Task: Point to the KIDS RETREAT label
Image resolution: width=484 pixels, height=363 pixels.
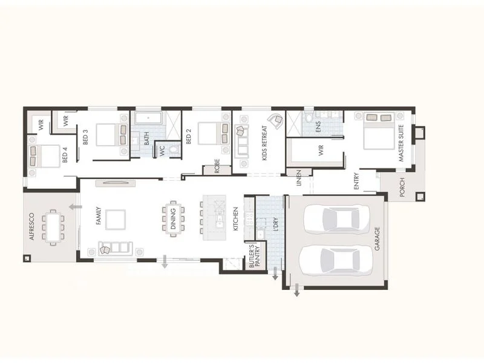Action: [264, 146]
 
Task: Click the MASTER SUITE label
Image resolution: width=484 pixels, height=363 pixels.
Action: [401, 143]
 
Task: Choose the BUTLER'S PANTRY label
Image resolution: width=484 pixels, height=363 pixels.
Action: [254, 255]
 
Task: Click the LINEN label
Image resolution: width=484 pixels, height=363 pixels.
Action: [298, 178]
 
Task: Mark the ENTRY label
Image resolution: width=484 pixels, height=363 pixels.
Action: [357, 181]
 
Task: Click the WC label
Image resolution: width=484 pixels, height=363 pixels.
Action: [162, 151]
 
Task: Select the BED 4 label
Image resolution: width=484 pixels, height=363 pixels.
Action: [65, 155]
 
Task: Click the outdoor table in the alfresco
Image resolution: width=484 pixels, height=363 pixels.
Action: [52, 227]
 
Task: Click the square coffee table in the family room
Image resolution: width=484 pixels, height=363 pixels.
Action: [116, 219]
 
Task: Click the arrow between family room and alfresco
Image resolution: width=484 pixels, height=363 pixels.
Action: [75, 207]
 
